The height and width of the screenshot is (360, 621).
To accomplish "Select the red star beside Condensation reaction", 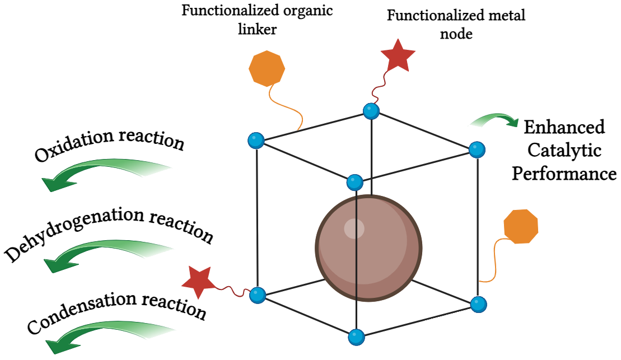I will (x=199, y=279).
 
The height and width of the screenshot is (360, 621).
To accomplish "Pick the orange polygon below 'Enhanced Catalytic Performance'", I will (x=521, y=226).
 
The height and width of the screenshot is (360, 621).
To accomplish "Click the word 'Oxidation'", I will (x=73, y=147).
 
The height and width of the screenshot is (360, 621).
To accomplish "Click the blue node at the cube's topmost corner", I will (x=370, y=111).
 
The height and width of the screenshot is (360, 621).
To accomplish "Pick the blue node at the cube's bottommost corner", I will (x=356, y=338).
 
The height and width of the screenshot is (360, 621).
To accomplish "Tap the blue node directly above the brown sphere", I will (x=355, y=183).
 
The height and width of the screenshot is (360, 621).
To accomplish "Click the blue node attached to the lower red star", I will (x=257, y=293).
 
